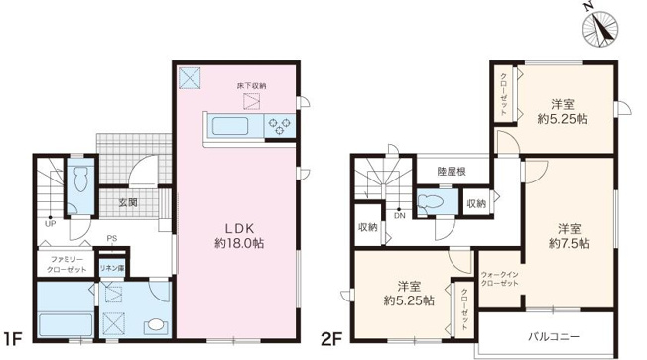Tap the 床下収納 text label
point(250,87)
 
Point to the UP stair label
point(49,222)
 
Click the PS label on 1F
point(113,238)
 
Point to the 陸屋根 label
point(453,172)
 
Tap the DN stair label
point(399,215)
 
